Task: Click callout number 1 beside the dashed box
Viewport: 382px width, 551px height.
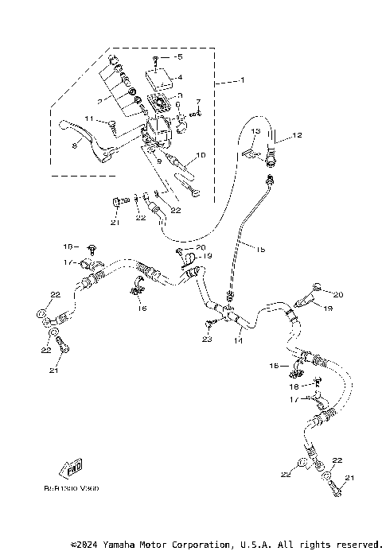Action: (x=242, y=80)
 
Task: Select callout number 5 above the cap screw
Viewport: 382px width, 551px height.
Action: (x=179, y=57)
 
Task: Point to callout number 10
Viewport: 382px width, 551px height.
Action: (x=201, y=156)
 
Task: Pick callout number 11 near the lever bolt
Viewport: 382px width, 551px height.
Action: (x=90, y=119)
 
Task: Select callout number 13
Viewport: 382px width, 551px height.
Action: (x=257, y=130)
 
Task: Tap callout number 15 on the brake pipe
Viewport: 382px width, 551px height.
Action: (x=260, y=249)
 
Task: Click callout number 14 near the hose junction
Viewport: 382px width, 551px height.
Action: (x=236, y=340)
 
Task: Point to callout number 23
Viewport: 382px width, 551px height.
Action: (x=208, y=340)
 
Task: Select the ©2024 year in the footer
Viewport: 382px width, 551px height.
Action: (x=88, y=545)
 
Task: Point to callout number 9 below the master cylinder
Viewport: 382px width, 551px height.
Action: (x=160, y=160)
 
